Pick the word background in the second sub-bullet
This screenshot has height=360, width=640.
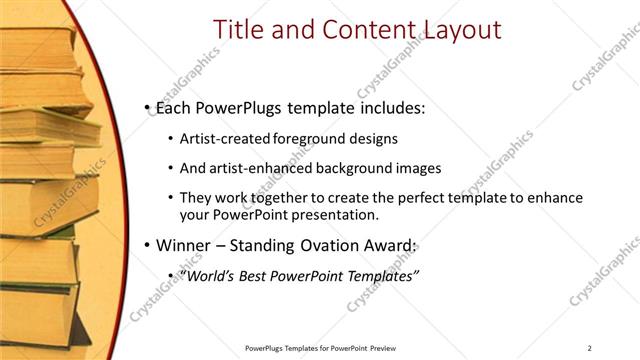(352, 168)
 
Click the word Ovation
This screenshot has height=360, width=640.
(322, 245)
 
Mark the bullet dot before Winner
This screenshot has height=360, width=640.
(147, 245)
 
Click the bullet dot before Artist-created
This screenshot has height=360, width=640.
(171, 139)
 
